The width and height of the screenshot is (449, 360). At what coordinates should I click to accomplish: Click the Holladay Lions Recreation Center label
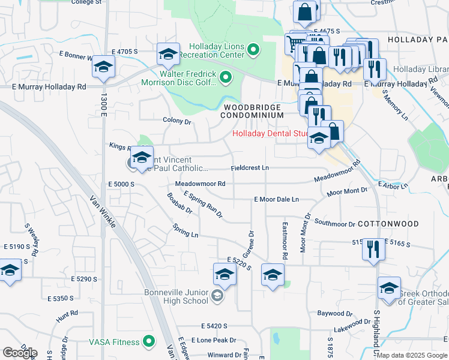(216, 51)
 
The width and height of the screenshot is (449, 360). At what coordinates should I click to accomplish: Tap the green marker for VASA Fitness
(149, 342)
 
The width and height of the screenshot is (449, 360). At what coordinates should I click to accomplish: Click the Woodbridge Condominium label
(252, 111)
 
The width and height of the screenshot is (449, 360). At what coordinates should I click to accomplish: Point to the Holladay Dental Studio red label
(270, 134)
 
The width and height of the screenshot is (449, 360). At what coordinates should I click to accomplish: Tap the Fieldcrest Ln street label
(250, 168)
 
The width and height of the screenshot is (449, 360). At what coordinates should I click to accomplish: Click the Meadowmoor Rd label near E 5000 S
(200, 184)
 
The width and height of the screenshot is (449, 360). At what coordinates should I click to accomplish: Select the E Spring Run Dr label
(203, 204)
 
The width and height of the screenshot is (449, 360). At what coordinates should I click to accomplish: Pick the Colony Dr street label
(176, 121)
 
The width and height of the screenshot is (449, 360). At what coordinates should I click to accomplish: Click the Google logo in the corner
(20, 353)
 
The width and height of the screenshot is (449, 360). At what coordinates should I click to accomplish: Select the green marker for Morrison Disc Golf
(226, 76)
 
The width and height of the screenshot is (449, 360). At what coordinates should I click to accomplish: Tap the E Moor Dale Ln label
(276, 199)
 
